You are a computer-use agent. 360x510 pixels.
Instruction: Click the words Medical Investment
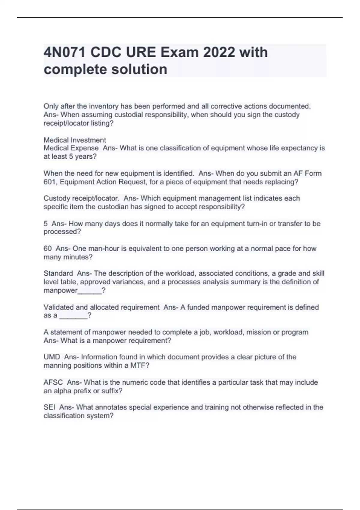point(75,140)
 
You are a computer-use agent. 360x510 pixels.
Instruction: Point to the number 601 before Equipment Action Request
point(49,182)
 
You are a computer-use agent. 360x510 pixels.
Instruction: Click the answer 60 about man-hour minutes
point(47,249)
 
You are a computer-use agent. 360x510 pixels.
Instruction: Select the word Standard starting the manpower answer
point(58,274)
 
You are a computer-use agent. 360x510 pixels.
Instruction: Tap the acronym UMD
point(52,357)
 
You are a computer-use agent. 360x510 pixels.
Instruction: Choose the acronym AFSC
point(53,382)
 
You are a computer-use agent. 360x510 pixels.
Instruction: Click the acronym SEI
point(49,407)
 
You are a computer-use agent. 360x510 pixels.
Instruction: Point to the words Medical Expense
point(71,148)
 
